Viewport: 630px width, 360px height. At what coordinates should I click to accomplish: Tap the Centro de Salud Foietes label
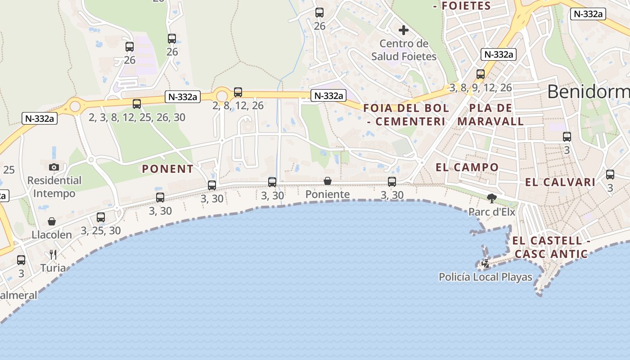(404, 50)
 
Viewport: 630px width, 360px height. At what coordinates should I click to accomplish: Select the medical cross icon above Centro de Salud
(404, 30)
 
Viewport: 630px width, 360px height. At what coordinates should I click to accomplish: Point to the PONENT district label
(168, 169)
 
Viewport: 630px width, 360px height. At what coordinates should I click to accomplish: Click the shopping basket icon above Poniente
(328, 181)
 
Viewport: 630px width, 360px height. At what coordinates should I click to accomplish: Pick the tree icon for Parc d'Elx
(492, 198)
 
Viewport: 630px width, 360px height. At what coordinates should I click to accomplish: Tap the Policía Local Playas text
(486, 277)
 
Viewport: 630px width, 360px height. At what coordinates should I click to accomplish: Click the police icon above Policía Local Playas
(486, 264)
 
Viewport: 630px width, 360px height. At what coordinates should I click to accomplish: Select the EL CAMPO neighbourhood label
(467, 167)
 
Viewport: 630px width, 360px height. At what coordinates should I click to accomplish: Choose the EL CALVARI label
(560, 182)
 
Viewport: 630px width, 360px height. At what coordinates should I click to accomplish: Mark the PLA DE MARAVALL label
(490, 115)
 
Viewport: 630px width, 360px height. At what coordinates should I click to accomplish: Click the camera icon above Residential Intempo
(54, 167)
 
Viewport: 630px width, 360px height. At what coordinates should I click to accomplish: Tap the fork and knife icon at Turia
(53, 255)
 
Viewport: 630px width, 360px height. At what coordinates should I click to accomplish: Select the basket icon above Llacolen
(52, 221)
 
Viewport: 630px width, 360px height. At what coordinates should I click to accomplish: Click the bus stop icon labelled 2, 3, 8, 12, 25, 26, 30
(137, 104)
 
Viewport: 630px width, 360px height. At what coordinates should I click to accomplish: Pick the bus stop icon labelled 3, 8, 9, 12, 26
(481, 74)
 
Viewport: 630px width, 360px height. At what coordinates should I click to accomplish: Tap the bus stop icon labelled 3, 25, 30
(101, 217)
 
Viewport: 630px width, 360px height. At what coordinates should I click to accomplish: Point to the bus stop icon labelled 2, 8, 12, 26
(238, 92)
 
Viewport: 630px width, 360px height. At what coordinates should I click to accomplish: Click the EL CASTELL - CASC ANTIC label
(551, 247)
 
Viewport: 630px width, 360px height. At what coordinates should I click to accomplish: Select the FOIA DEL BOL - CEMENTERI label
(406, 115)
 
